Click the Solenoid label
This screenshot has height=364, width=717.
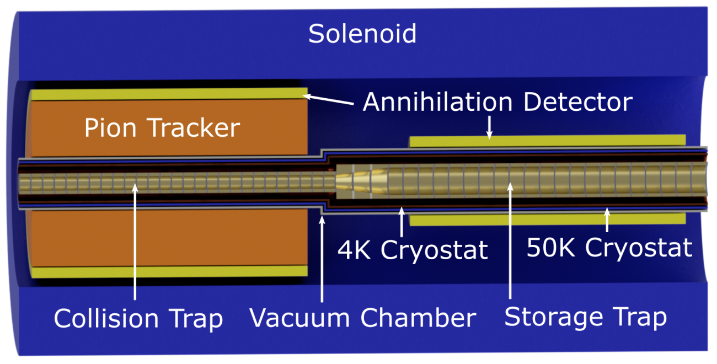click(362, 34)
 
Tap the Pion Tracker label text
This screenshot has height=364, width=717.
click(162, 129)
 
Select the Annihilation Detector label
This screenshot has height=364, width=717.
click(497, 103)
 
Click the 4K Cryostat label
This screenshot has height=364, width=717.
click(413, 250)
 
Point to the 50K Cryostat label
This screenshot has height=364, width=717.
click(609, 248)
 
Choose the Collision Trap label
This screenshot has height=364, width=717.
click(138, 319)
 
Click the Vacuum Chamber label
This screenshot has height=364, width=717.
click(362, 318)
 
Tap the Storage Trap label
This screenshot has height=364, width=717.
click(586, 317)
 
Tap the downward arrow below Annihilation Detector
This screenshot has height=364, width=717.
click(489, 127)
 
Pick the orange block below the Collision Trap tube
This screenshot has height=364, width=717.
click(165, 237)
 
